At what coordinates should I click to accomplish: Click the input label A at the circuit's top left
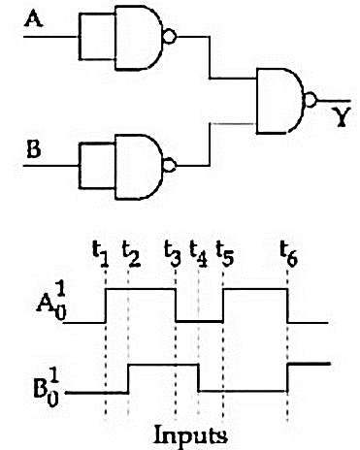[34, 18]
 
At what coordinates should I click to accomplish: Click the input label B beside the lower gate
[34, 149]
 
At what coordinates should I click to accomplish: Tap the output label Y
[342, 116]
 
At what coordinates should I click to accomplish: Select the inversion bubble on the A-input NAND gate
[170, 36]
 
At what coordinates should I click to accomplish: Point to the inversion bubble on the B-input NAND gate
[170, 166]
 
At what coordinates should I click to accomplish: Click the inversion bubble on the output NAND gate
[311, 100]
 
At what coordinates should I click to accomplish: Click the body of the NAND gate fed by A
[138, 38]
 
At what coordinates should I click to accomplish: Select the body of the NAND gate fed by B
[138, 167]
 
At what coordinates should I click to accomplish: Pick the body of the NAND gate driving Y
[279, 101]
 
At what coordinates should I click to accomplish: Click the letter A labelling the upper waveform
[45, 304]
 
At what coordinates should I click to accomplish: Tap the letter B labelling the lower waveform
[41, 389]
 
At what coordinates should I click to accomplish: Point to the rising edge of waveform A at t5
[223, 305]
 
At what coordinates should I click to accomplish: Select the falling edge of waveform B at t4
[198, 378]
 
